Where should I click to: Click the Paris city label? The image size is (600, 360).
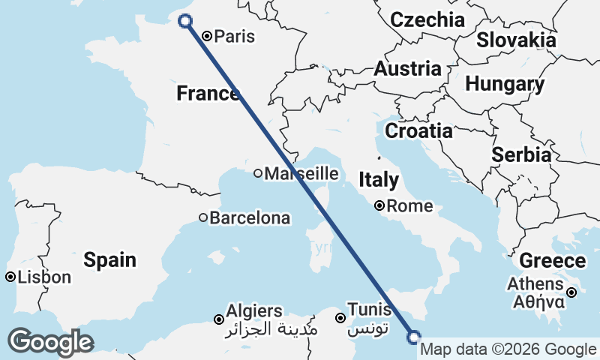[x=235, y=36]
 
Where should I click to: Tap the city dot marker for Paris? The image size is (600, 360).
[x=208, y=34]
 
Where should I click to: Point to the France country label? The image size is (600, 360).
[x=207, y=94]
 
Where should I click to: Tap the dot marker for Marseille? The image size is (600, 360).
[x=258, y=173]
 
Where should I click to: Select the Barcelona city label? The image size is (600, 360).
[x=249, y=218]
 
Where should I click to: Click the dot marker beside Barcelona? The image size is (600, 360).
[x=203, y=218]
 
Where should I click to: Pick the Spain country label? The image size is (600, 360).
[x=109, y=260]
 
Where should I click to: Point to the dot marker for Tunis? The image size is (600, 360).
[x=340, y=318]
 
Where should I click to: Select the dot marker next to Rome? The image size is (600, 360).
[x=381, y=205]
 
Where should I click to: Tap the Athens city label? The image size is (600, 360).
[x=535, y=284]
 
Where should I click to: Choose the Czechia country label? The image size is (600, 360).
[x=427, y=19]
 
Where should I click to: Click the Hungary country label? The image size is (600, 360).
[x=504, y=85]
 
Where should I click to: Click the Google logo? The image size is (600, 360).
[x=50, y=342]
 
